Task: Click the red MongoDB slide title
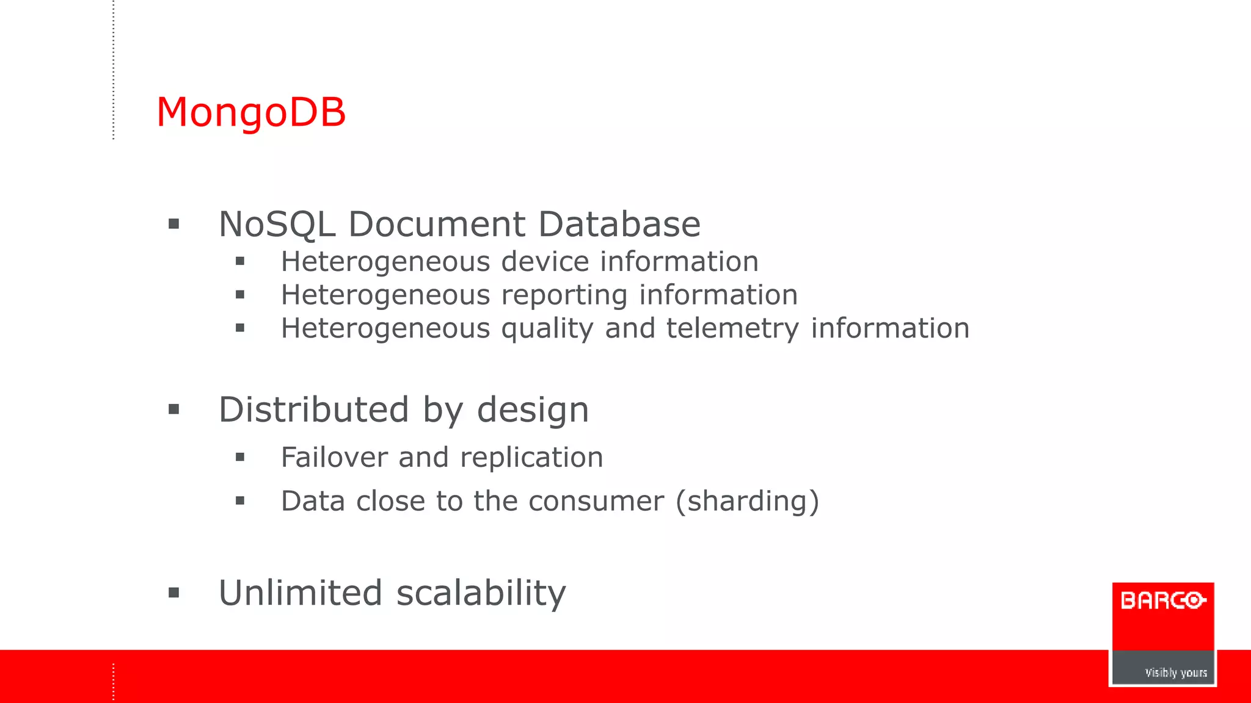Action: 251,113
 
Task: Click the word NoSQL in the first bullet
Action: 277,224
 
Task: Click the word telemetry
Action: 732,330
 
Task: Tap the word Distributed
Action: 313,409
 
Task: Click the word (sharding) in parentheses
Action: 747,502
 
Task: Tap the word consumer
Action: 596,502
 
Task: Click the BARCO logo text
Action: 1162,600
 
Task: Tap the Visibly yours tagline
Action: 1175,672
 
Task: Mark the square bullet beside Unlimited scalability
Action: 174,593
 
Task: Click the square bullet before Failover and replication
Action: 240,457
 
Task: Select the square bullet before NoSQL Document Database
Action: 174,224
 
